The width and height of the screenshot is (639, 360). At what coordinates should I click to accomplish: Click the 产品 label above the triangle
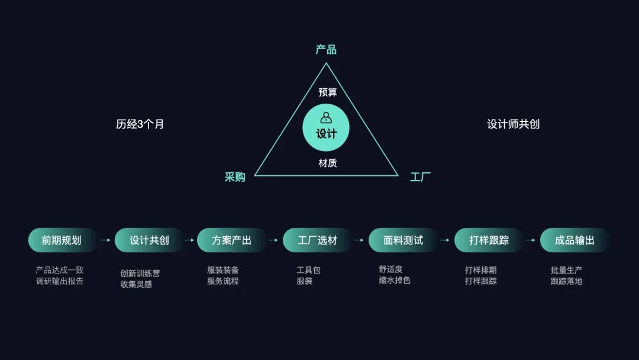[x=326, y=50]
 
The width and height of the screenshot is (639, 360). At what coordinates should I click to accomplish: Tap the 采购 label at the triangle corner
[x=235, y=177]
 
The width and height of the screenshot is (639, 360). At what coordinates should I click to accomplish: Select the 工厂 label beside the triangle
[x=420, y=177]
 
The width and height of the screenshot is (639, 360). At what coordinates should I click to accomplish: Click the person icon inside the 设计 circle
[x=326, y=117]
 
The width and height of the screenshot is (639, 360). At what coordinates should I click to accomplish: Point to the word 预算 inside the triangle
[x=327, y=92]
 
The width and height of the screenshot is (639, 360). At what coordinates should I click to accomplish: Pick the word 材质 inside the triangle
[x=327, y=163]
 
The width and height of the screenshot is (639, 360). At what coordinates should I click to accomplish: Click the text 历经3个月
[x=140, y=124]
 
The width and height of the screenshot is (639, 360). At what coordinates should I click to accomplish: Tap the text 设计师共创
[x=513, y=124]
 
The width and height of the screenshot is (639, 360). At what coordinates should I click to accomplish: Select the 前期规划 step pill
[x=62, y=240]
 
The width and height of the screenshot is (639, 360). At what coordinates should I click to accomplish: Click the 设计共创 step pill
[x=149, y=240]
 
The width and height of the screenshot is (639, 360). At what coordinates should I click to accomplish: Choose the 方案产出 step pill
[x=231, y=240]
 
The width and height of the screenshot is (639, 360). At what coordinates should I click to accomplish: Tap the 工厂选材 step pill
[x=317, y=240]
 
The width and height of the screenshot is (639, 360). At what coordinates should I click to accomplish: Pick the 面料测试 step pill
[x=403, y=240]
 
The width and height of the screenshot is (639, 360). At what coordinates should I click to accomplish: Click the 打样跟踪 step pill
[x=489, y=240]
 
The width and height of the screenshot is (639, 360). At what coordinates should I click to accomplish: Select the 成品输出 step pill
[x=575, y=240]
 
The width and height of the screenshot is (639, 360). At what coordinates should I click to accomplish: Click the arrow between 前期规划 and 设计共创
[x=106, y=240]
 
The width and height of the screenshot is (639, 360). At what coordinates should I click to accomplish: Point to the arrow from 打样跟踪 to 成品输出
[x=531, y=240]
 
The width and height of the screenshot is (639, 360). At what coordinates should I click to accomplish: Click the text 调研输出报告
[x=60, y=281]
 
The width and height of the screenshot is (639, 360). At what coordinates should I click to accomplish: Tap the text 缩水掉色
[x=395, y=281]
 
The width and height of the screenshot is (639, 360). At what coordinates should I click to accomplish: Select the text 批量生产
[x=566, y=270]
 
